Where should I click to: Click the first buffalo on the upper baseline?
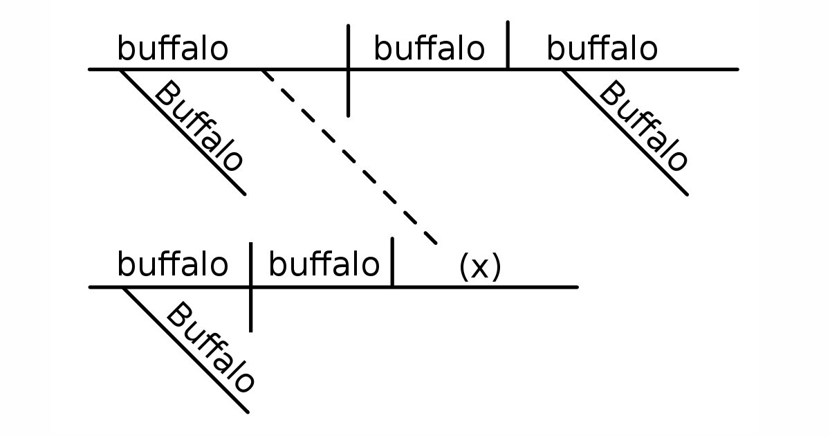(172, 49)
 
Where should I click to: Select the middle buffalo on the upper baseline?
(429, 49)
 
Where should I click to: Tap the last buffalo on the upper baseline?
(602, 49)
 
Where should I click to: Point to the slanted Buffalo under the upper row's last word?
(643, 127)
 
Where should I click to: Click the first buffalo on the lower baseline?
(172, 264)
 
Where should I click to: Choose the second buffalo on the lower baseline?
(324, 264)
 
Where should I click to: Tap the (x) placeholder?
(479, 267)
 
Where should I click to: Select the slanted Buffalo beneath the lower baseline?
(210, 347)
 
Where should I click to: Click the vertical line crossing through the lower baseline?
(250, 311)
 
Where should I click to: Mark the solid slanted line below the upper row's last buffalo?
(625, 131)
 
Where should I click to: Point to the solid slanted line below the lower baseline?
(185, 349)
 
